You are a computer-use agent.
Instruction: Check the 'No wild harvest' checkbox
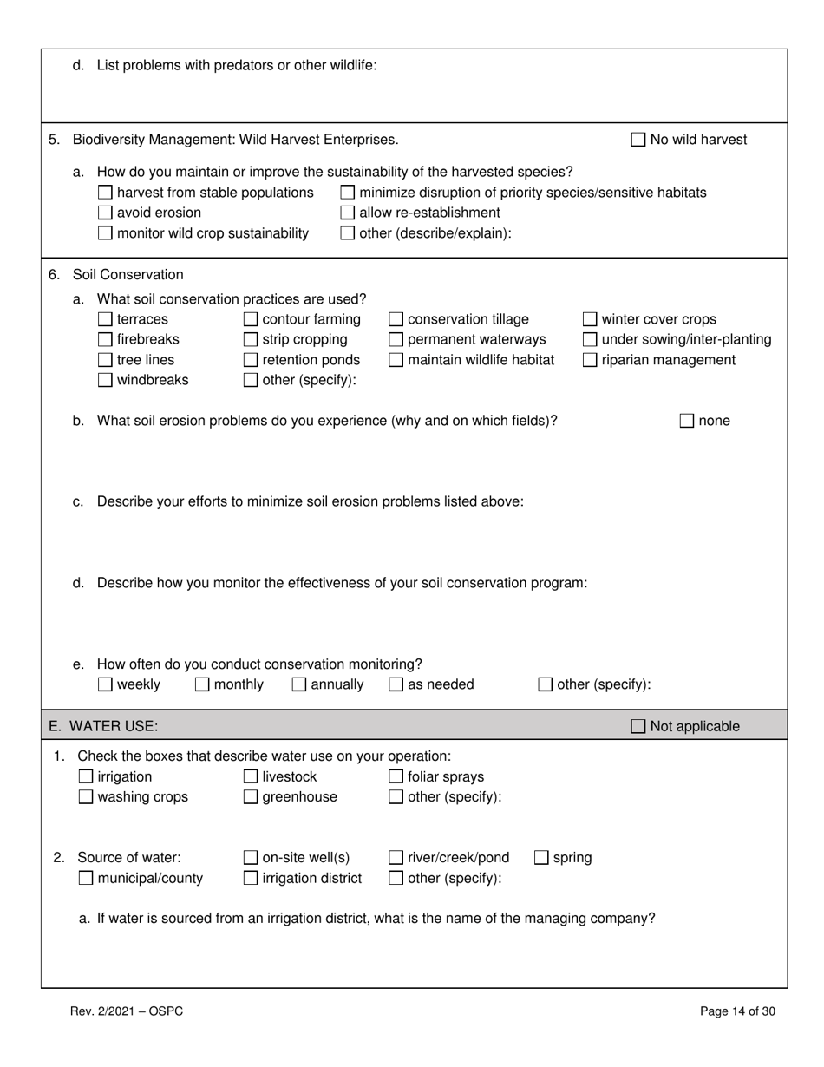pos(638,140)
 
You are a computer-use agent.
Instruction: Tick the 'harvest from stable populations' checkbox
pos(105,193)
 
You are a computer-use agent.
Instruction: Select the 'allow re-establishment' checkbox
pos(347,213)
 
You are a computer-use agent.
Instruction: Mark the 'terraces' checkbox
pos(105,319)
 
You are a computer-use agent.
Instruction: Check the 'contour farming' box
pos(251,319)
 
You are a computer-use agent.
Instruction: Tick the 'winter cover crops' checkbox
pos(590,319)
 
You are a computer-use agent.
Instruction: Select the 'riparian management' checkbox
pos(590,360)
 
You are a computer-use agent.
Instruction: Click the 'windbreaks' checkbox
pos(105,380)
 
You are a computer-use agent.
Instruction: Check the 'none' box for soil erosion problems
pos(687,422)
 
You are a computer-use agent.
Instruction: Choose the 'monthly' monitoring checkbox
pos(202,684)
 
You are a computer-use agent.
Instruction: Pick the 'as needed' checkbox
pos(396,684)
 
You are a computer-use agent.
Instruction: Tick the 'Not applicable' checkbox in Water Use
pos(638,726)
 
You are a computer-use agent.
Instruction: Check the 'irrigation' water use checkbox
pos(86,776)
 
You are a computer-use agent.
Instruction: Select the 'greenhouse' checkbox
pos(251,797)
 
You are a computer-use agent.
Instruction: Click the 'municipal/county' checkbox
pos(86,879)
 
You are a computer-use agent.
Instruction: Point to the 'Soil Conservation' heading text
pos(128,275)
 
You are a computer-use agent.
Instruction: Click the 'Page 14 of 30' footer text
pos(737,1011)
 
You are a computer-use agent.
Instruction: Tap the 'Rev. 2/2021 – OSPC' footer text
pos(127,1011)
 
